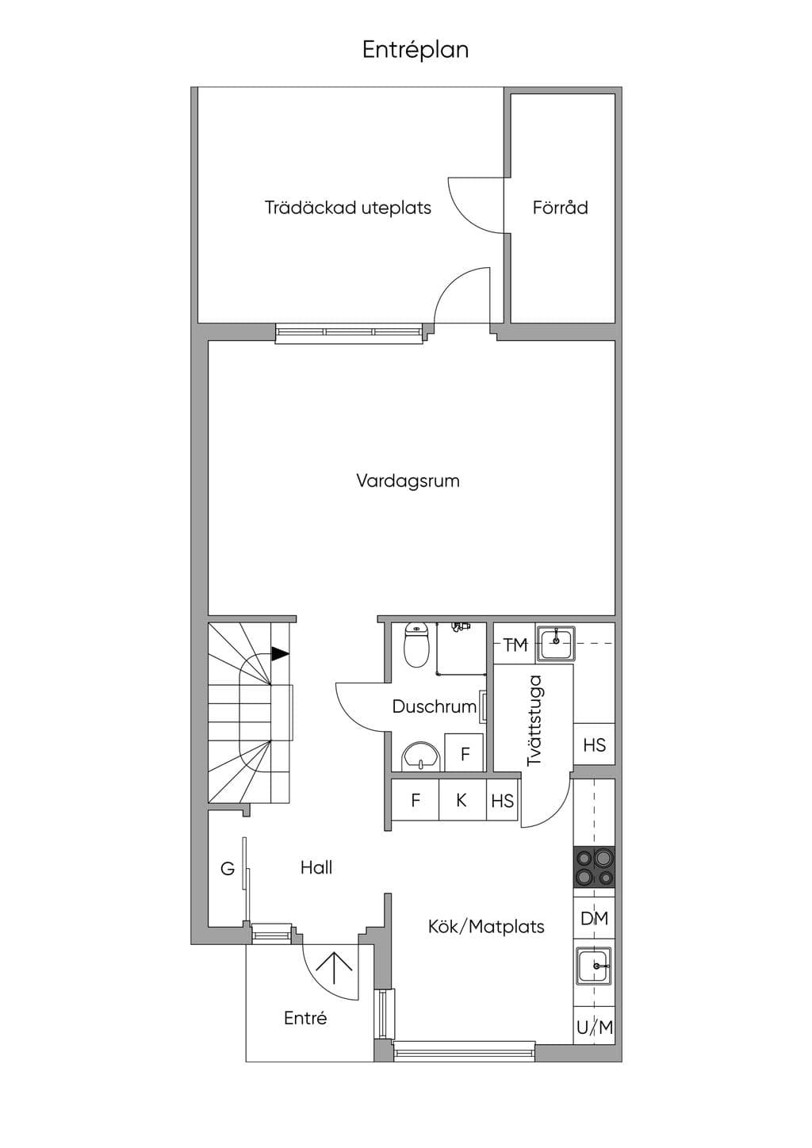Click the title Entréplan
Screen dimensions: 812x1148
point(416,50)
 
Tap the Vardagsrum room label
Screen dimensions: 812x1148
point(408,481)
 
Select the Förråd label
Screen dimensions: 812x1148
point(561,208)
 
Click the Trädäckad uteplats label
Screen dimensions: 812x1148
point(348,208)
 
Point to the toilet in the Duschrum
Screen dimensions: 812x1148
point(416,645)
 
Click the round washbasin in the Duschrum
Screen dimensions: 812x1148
point(421,756)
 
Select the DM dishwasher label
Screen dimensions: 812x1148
point(594,918)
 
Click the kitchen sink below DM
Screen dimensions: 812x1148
point(594,966)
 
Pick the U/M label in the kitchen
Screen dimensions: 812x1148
point(595,1027)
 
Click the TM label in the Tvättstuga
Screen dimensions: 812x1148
point(515,645)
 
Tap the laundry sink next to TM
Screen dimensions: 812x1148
point(556,644)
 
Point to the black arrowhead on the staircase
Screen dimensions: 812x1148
point(280,654)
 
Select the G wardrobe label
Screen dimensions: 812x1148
point(227,868)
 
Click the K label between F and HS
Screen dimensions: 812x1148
point(461,800)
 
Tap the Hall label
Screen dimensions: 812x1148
point(316,867)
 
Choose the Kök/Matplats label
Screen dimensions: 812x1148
point(486,927)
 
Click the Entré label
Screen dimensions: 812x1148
point(305,1018)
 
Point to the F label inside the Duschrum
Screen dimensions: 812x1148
point(465,754)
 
